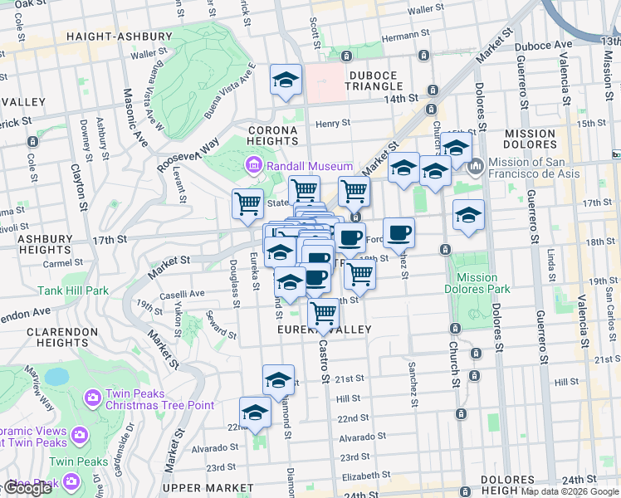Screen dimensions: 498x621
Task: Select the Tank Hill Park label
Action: (72, 291)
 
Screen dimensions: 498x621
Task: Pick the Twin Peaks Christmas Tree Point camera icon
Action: (91, 398)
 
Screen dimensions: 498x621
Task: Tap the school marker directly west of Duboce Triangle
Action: (286, 81)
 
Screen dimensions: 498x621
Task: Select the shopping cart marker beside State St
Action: (247, 203)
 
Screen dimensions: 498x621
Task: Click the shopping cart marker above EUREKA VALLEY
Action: (323, 314)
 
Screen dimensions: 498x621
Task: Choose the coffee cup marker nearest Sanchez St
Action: (399, 232)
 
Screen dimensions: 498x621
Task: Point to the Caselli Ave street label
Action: (182, 294)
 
